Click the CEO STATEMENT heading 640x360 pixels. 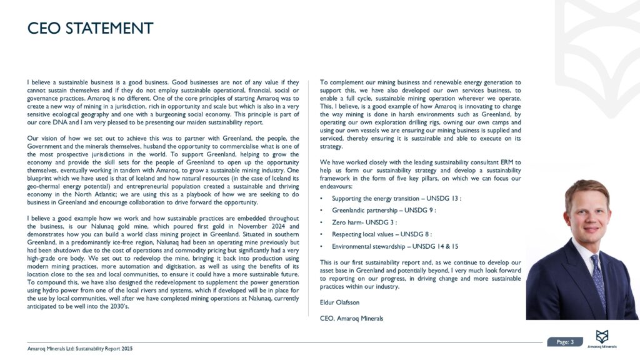(90, 29)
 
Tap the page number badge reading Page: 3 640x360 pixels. (564, 341)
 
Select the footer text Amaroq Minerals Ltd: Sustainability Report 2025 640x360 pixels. (80, 347)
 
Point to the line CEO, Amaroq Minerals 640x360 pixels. (351, 318)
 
